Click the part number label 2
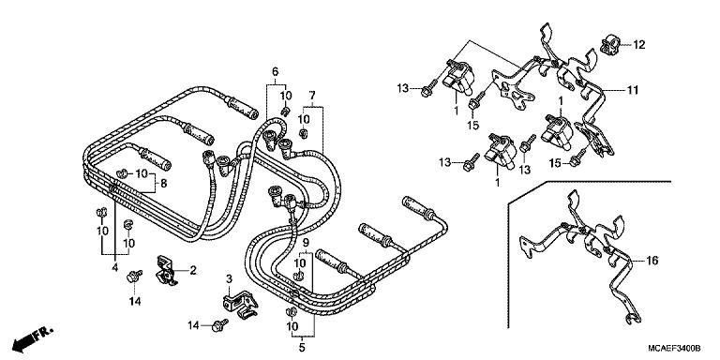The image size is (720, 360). pyautogui.click(x=193, y=270)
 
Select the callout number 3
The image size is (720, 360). pyautogui.click(x=228, y=279)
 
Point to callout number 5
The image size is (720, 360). pyautogui.click(x=302, y=348)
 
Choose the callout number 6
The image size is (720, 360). pyautogui.click(x=275, y=72)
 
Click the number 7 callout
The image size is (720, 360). pyautogui.click(x=312, y=95)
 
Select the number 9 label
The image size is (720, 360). pyautogui.click(x=304, y=244)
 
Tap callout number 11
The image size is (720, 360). pyautogui.click(x=633, y=90)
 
